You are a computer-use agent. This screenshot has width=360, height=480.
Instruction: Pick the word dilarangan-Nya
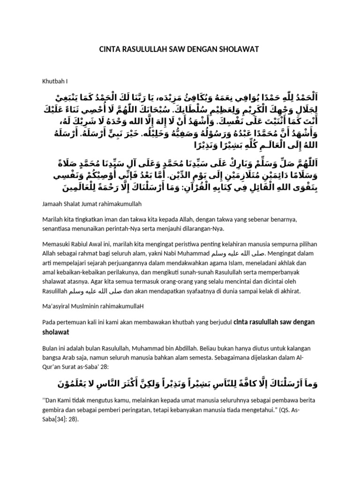[204, 229]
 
